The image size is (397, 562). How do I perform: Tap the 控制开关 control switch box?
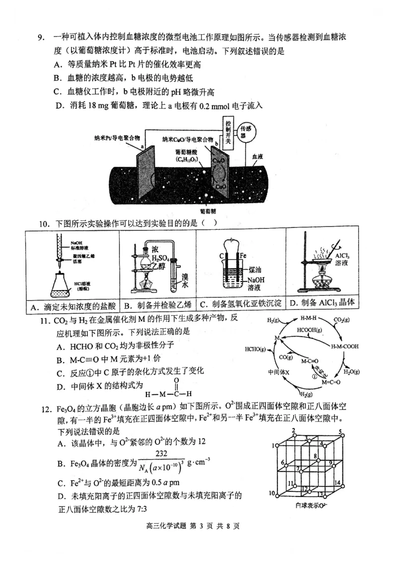coord(228,133)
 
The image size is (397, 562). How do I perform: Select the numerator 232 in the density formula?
coord(160,454)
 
